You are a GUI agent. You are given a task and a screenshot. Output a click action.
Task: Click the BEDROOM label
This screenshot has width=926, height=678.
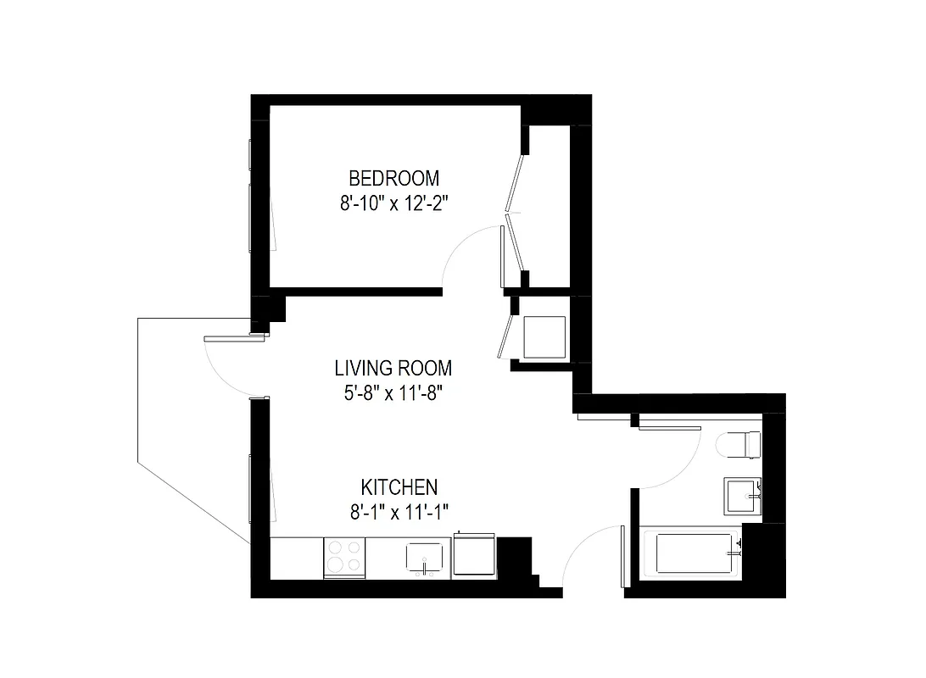(x=394, y=179)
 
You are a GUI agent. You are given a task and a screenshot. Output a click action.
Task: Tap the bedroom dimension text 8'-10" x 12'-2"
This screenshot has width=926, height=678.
(x=394, y=203)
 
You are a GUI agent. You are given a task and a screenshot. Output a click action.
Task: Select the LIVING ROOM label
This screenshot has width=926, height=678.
(x=393, y=369)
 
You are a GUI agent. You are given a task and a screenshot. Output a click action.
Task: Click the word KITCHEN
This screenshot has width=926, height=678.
(x=399, y=487)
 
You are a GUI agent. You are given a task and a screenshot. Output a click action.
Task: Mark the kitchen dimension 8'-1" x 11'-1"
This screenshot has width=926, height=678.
(x=399, y=511)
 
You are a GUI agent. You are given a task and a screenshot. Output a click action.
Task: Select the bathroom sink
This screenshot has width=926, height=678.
(x=744, y=495)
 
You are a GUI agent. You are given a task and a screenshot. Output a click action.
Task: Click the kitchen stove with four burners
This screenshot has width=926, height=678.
(x=344, y=558)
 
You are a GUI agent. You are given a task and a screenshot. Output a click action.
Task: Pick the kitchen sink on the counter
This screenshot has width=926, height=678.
(x=424, y=558)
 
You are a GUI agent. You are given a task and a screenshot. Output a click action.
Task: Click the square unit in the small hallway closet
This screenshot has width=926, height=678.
(x=544, y=337)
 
